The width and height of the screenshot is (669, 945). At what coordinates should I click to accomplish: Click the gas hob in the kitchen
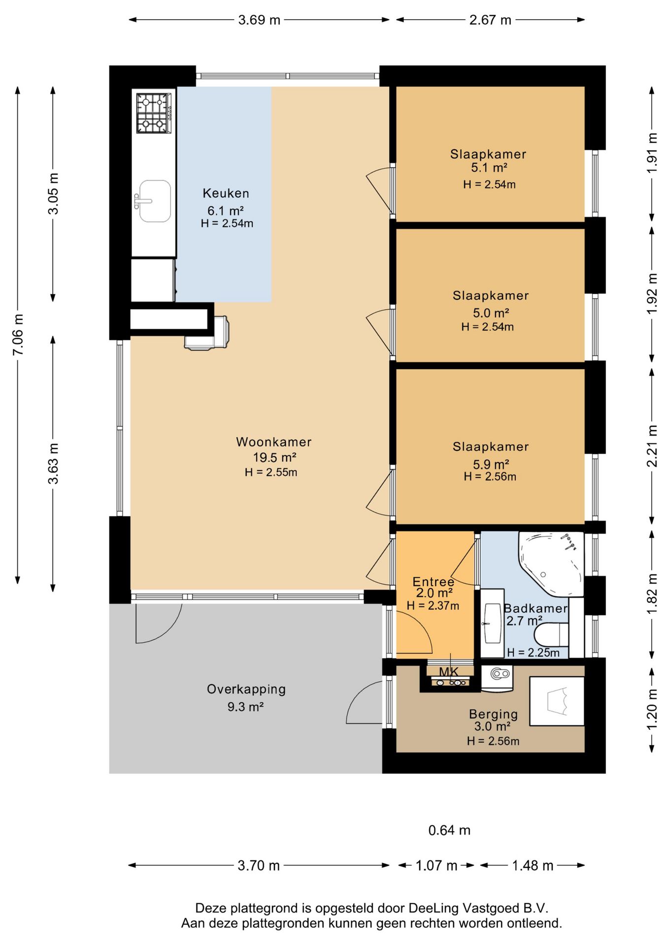pos(154,113)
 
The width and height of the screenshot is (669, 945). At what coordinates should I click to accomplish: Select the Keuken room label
pos(226,193)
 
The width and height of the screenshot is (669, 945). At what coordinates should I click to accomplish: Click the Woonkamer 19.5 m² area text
pos(274,457)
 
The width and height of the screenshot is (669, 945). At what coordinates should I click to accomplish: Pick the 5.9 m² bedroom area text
pos(491,464)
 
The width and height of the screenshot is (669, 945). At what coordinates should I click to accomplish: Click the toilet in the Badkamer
pos(552,635)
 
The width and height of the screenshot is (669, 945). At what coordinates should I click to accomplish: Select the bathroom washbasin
pos(492,623)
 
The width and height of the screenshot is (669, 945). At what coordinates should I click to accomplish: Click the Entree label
pos(434,582)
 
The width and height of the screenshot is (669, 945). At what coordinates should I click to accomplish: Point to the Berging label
pos(493,714)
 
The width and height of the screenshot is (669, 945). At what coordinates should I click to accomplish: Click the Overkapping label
pos(246,689)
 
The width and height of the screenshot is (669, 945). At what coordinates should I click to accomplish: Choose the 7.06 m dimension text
pos(18,335)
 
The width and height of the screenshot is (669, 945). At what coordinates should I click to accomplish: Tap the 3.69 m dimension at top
pos(259,20)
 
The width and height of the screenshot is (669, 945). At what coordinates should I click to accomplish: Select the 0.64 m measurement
pos(449,830)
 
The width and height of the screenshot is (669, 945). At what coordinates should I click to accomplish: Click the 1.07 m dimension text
pos(436,865)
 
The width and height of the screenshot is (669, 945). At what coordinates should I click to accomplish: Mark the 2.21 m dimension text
pos(652,446)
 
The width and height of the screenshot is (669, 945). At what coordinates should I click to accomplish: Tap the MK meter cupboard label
pos(449,672)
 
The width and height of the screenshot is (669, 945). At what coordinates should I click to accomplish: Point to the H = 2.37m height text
pos(433,605)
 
